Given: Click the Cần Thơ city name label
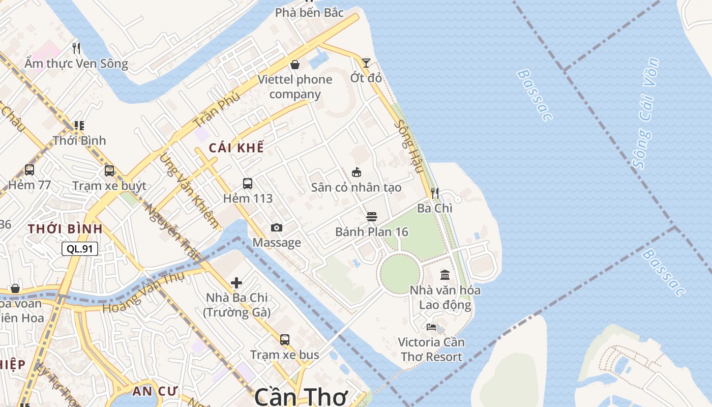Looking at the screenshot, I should [x=301, y=397].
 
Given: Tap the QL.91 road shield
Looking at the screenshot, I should [x=80, y=249].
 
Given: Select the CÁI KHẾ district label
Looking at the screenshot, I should [x=236, y=148].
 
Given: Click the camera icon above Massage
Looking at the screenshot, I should [x=277, y=227].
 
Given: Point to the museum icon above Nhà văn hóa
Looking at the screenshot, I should [x=445, y=275].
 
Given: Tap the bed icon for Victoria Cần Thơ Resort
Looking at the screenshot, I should [x=432, y=327].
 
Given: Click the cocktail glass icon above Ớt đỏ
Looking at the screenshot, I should [x=366, y=63].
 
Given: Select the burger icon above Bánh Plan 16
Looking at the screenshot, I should [x=372, y=217].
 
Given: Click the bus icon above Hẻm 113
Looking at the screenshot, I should [x=248, y=184].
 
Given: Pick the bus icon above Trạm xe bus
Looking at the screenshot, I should [x=285, y=339].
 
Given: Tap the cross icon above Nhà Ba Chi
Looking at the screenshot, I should [x=236, y=283].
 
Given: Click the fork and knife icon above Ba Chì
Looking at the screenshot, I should [x=435, y=193].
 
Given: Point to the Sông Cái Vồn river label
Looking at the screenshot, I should [x=646, y=113].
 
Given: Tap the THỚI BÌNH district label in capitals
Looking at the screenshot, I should [x=66, y=229].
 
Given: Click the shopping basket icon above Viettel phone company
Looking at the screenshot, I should [x=294, y=65].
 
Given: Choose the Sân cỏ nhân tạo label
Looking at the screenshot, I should [x=357, y=187].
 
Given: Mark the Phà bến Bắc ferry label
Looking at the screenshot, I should [x=309, y=12].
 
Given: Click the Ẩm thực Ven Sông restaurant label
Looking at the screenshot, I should [x=76, y=64].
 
